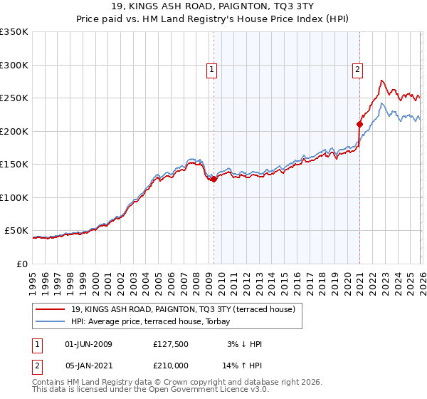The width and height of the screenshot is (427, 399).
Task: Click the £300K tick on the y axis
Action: [14, 65]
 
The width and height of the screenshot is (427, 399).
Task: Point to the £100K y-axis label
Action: [14, 197]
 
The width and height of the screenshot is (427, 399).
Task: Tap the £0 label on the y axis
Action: [23, 264]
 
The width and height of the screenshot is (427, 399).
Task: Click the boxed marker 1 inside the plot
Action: [212, 69]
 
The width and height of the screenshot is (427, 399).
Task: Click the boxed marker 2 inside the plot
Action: [357, 69]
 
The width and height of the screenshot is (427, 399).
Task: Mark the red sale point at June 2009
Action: [213, 180]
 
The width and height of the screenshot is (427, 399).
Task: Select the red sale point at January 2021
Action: [359, 125]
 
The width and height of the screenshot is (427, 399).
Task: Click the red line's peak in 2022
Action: [382, 81]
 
